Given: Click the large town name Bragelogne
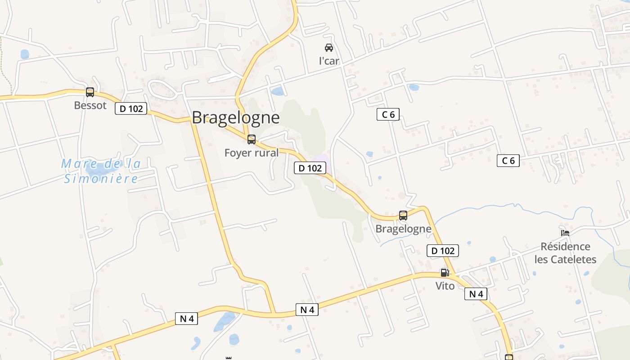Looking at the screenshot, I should point(235,117).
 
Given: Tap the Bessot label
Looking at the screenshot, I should point(90,105).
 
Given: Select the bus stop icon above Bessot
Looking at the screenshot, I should point(90,92).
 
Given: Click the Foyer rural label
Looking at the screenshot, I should point(252,153).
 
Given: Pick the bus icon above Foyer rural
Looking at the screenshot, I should point(252,139).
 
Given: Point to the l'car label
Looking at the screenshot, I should point(329,61).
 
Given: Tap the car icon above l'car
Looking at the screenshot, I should point(329,47).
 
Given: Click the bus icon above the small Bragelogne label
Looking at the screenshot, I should point(403,216).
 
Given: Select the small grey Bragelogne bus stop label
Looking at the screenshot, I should point(403,229).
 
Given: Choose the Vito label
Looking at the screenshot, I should point(445,286).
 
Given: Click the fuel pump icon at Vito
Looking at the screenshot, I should point(445,272).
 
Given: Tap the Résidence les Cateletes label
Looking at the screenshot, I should point(565,253).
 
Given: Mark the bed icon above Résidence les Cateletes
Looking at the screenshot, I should point(565,233).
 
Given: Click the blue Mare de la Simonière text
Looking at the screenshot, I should point(101,171).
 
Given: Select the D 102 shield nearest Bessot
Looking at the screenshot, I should point(131,108).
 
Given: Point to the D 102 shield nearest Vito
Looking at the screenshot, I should point(442,251).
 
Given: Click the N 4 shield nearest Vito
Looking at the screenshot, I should point(476,294).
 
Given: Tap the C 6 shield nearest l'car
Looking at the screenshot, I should point(388,114).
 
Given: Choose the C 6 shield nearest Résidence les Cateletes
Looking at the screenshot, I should point(508,161).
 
